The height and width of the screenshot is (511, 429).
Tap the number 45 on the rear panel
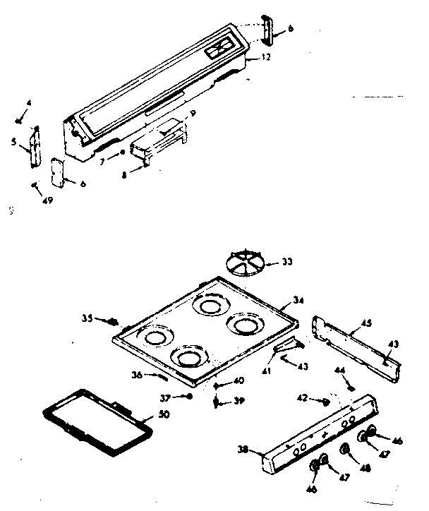366,325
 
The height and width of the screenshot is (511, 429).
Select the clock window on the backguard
220,49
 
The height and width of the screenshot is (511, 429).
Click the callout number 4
29,104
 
